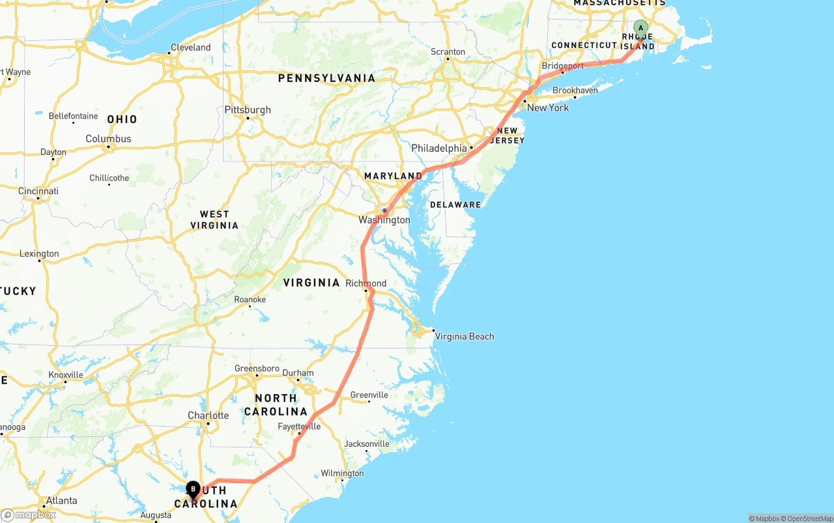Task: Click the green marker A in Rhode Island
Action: [640, 28]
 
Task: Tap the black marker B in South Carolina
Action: [193, 489]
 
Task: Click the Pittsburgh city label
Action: [248, 110]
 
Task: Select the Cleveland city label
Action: [190, 48]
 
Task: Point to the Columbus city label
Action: [108, 139]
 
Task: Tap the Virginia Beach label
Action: [464, 337]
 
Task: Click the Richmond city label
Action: [366, 283]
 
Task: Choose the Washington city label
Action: [384, 220]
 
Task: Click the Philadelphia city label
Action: [439, 148]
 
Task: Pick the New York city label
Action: [548, 108]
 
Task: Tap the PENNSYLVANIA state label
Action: [326, 78]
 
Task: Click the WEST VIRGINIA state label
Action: [214, 219]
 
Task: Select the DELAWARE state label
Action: [455, 205]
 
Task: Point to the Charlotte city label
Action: [208, 416]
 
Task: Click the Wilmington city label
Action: [342, 474]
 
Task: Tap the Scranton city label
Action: [448, 51]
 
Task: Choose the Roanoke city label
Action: [250, 300]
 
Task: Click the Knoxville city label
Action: [66, 375]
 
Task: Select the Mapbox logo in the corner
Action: [29, 515]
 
